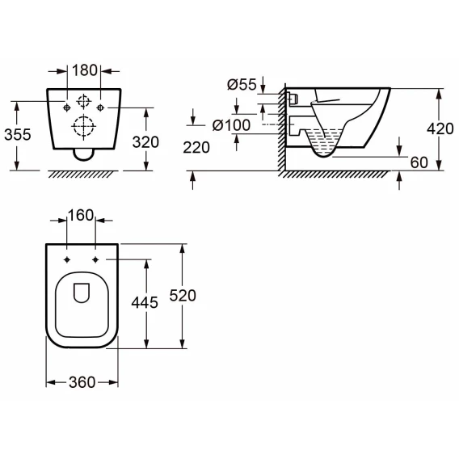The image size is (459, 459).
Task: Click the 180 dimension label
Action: coord(84,70)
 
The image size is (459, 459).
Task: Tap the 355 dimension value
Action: coord(18,135)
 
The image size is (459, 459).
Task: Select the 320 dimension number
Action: coord(145,142)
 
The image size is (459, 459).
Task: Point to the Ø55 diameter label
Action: coord(242,84)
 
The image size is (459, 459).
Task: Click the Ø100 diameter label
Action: coord(231,125)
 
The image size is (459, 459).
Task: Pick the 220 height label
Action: coord(196,147)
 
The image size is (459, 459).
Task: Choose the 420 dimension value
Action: coord(440,128)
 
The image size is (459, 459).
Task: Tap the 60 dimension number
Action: coord(419,162)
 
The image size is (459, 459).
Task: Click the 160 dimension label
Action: coord(81,215)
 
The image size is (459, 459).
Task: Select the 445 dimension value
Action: coord(145,302)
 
